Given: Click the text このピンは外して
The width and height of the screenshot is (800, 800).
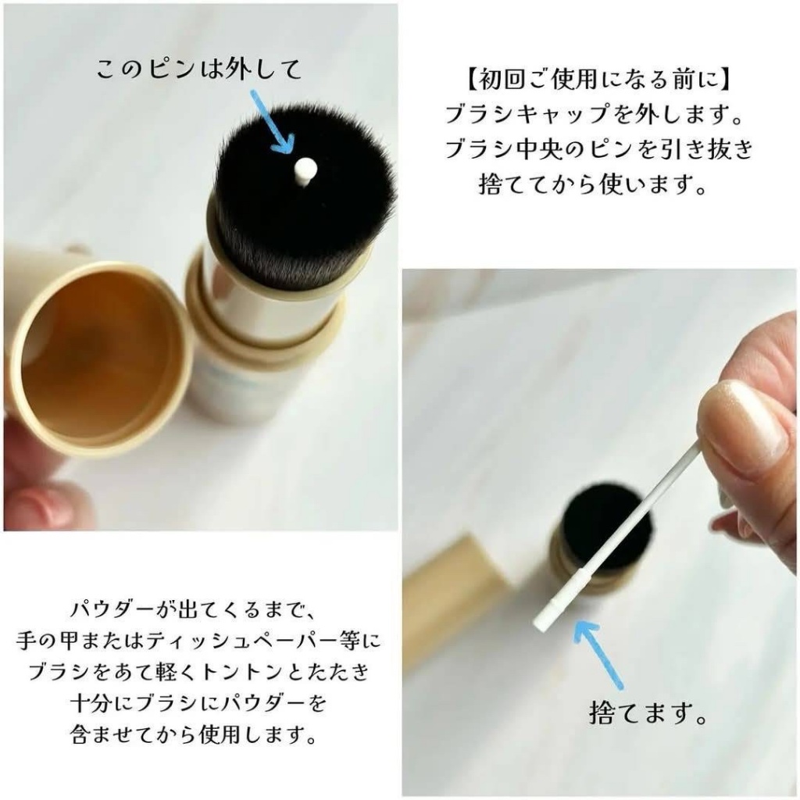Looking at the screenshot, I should [x=198, y=70].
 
